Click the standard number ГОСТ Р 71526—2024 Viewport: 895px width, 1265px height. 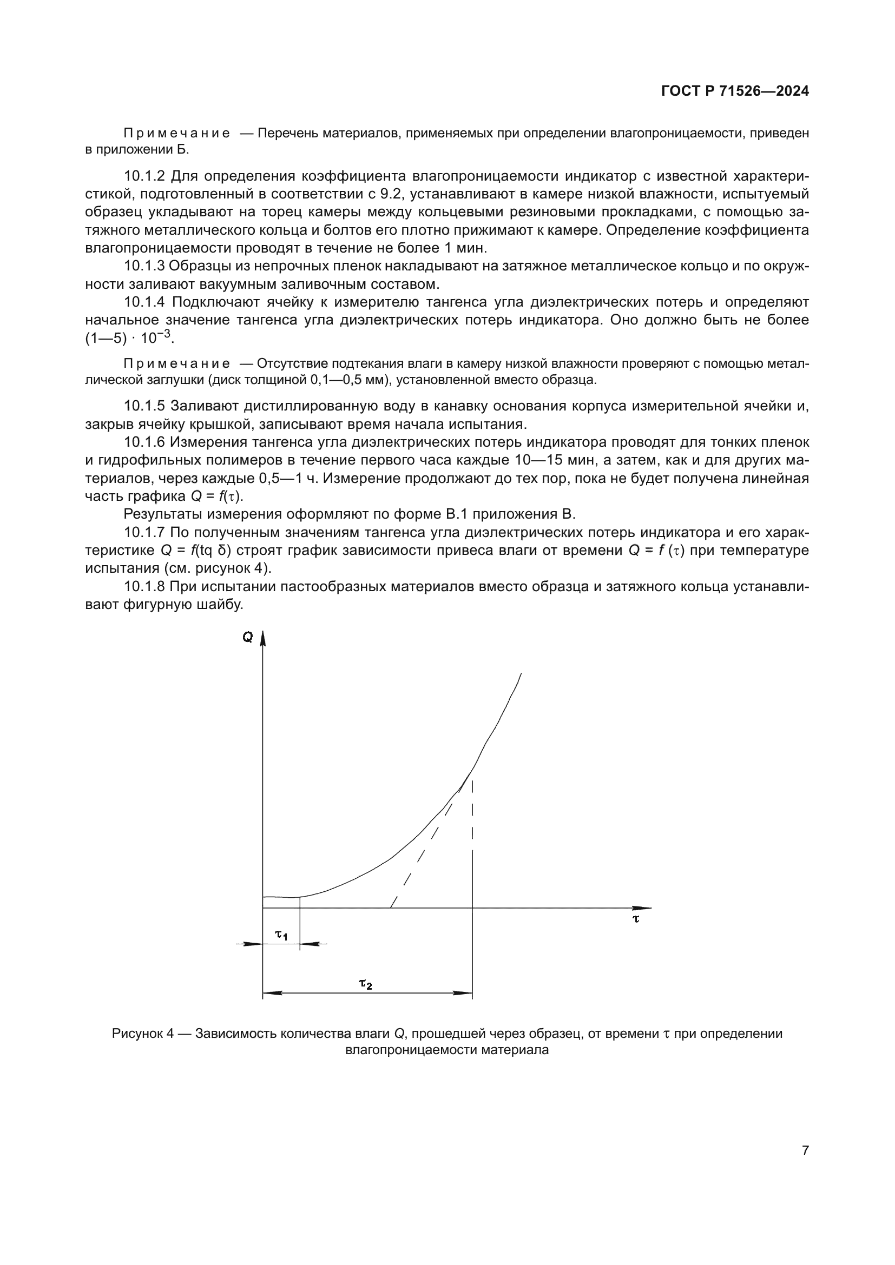pos(735,91)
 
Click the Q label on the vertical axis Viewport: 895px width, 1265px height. pos(247,638)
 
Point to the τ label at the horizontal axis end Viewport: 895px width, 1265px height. pos(635,918)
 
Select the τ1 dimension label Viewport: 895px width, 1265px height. pos(281,935)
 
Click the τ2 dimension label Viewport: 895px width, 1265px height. pos(365,983)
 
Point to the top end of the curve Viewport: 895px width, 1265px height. pos(521,674)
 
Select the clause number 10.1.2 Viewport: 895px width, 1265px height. pos(144,176)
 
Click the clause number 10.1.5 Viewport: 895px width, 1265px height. pos(144,406)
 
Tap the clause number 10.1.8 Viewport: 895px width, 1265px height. pos(144,587)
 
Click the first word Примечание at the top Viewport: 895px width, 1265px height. pos(176,134)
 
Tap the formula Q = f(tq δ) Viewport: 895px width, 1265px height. pos(191,551)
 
